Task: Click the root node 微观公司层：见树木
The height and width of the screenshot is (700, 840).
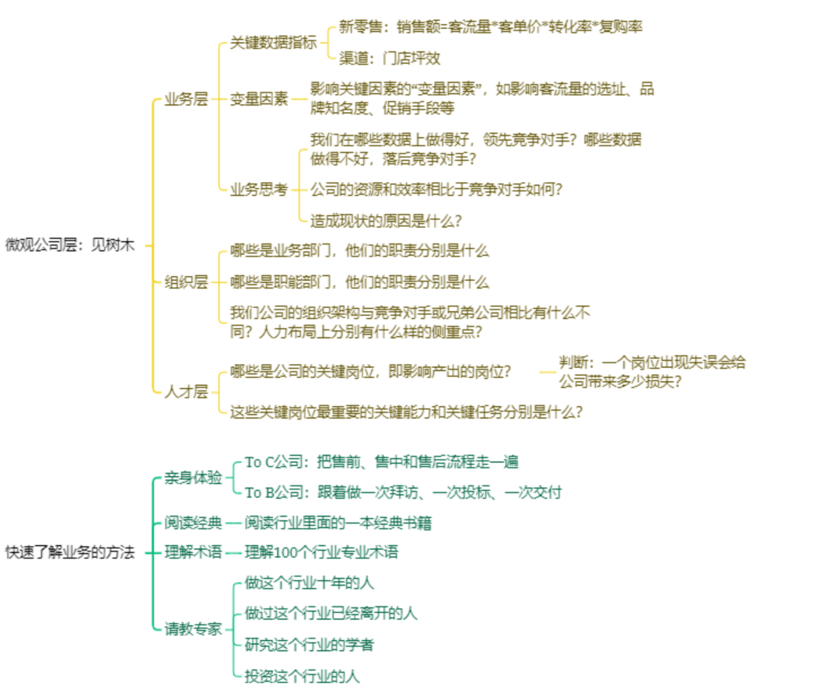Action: coord(70,244)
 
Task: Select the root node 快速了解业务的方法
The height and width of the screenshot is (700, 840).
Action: coord(70,552)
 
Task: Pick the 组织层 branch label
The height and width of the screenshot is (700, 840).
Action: coord(186,282)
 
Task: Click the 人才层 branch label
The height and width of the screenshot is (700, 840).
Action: coord(186,391)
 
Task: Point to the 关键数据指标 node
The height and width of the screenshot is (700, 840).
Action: coord(273,44)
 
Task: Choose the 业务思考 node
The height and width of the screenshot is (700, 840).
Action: coord(259,189)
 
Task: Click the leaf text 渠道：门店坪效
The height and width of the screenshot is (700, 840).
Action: coord(390,58)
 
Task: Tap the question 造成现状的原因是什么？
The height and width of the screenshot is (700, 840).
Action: coord(386,220)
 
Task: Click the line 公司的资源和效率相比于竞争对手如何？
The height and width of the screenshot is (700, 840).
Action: coord(436,189)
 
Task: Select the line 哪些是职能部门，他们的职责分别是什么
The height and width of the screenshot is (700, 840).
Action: coord(359,282)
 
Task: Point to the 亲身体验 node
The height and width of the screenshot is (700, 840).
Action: coord(193,478)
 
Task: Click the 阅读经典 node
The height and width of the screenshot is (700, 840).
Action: coord(193,522)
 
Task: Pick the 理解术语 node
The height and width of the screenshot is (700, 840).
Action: coord(193,552)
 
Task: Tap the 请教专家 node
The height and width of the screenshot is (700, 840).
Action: coord(193,628)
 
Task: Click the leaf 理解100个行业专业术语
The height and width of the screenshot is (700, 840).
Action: coord(321,552)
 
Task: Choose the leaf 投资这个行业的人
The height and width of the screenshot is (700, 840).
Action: coord(302,676)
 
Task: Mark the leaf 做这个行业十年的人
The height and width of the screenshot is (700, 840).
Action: coord(310,583)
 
